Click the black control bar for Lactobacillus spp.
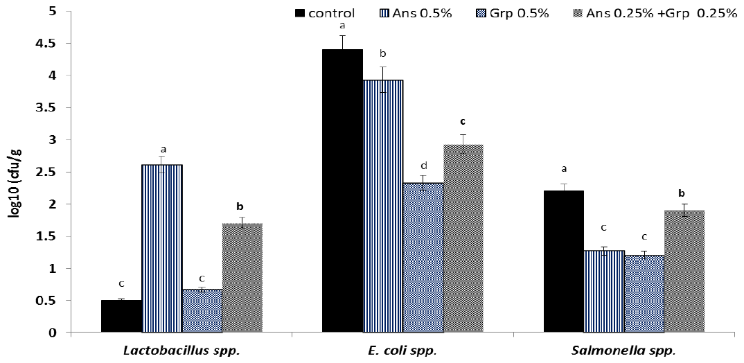click(121, 317)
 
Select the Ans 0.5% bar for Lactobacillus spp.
click(162, 249)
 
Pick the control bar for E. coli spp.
click(342, 191)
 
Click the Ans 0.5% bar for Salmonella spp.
click(603, 292)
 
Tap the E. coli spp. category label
click(402, 351)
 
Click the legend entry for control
click(325, 13)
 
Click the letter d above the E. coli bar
click(423, 166)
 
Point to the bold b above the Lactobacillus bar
click(240, 206)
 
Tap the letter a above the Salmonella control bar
click(564, 168)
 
